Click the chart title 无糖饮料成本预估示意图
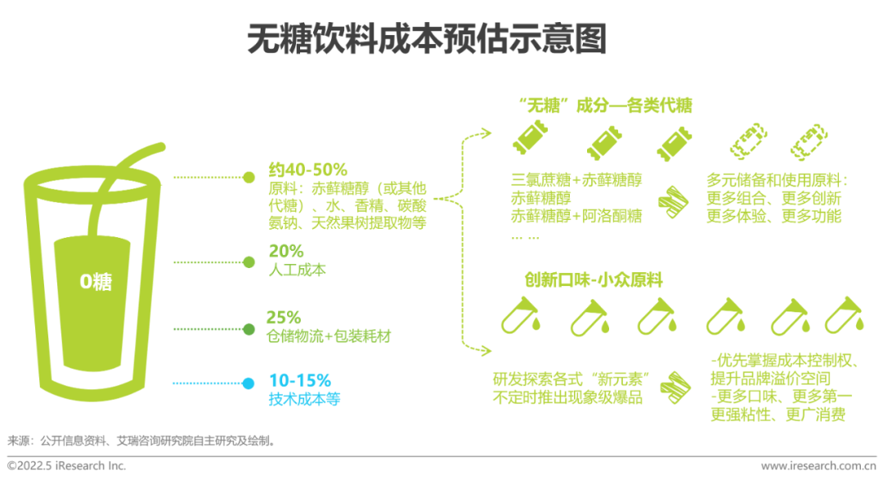427,38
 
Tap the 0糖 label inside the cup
96,283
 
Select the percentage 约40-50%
307,170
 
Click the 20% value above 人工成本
285,251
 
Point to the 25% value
284,317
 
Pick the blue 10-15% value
299,381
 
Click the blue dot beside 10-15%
249,383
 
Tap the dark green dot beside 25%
249,329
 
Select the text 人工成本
297,269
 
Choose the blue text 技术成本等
304,399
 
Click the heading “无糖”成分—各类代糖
606,105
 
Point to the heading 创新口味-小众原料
594,280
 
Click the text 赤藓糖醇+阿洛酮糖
576,217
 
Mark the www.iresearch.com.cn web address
818,466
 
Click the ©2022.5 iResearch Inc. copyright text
67,465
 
